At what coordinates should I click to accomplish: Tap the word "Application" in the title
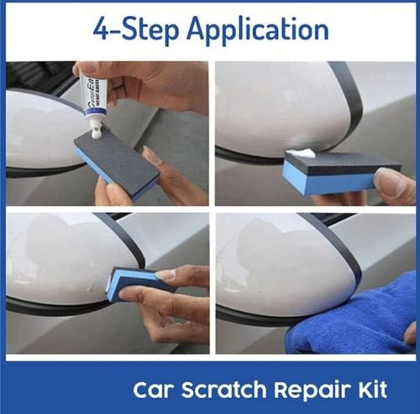point(257,30)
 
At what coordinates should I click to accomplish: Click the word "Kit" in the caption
point(368,390)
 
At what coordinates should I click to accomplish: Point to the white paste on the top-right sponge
point(300,153)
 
